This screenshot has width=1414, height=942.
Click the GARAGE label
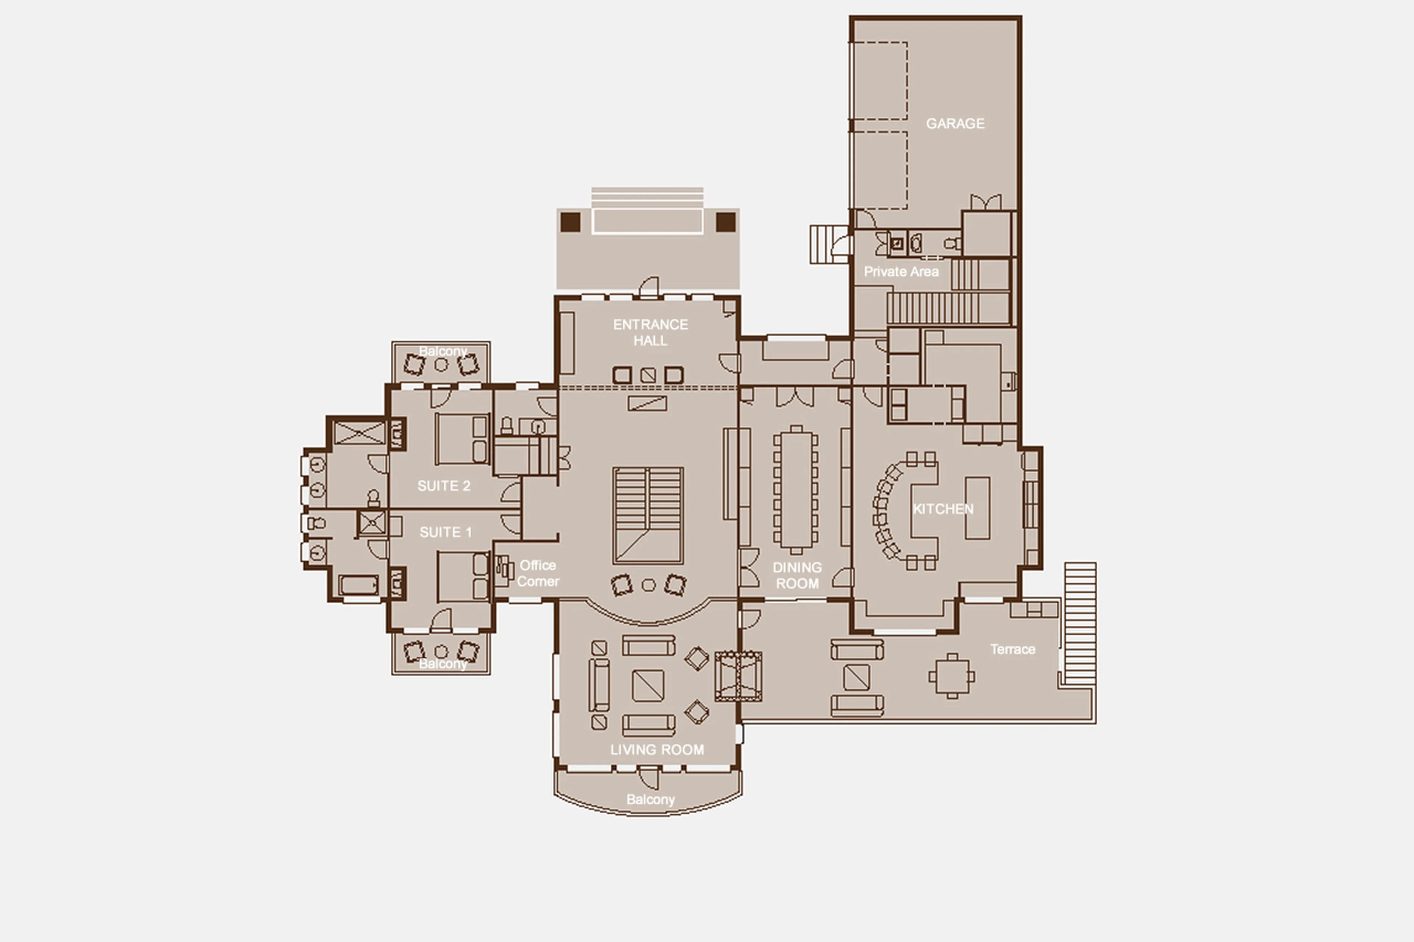click(x=955, y=124)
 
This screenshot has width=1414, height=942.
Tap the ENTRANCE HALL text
click(x=650, y=332)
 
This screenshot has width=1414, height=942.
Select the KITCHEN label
click(x=943, y=509)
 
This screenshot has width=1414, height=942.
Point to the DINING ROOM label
click(x=797, y=575)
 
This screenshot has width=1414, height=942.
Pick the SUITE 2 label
click(x=443, y=486)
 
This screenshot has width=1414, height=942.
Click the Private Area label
click(x=901, y=272)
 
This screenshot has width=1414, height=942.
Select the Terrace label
click(x=1013, y=649)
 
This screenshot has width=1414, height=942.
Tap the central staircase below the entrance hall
click(x=648, y=515)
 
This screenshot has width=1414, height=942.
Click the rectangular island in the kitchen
click(x=977, y=508)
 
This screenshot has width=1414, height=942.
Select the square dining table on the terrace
click(x=952, y=677)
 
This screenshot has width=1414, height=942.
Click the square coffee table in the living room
click(x=648, y=685)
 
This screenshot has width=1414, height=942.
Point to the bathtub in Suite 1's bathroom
click(x=358, y=585)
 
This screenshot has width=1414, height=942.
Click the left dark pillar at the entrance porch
click(x=570, y=222)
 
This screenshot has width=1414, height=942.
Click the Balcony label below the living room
click(x=650, y=799)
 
